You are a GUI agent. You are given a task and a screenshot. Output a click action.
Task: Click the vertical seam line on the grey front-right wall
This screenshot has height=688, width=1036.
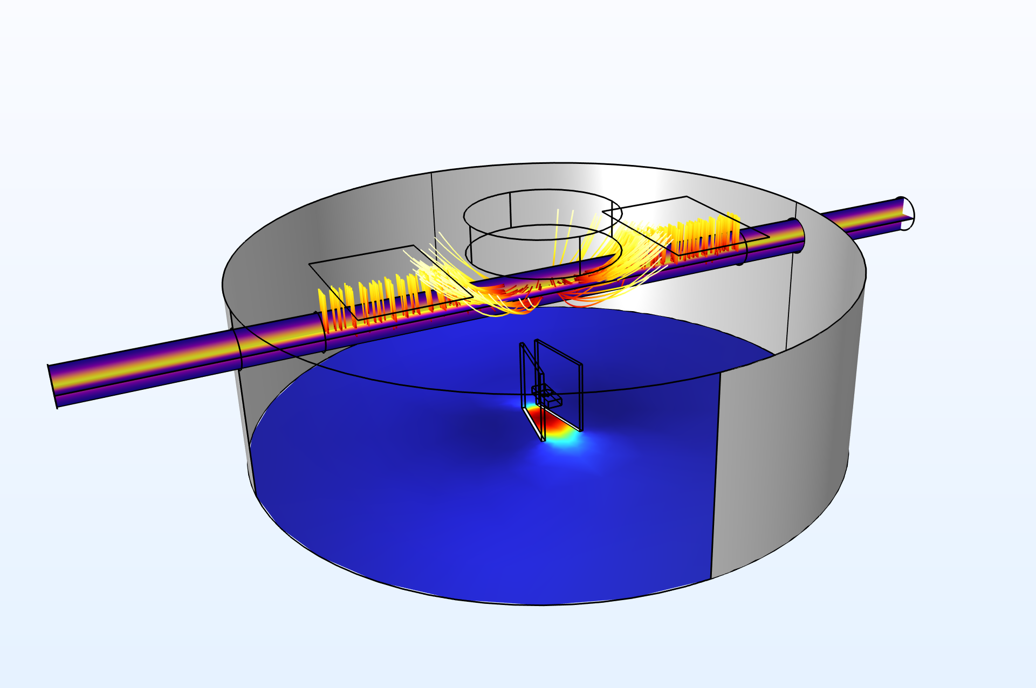(x=715, y=474)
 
